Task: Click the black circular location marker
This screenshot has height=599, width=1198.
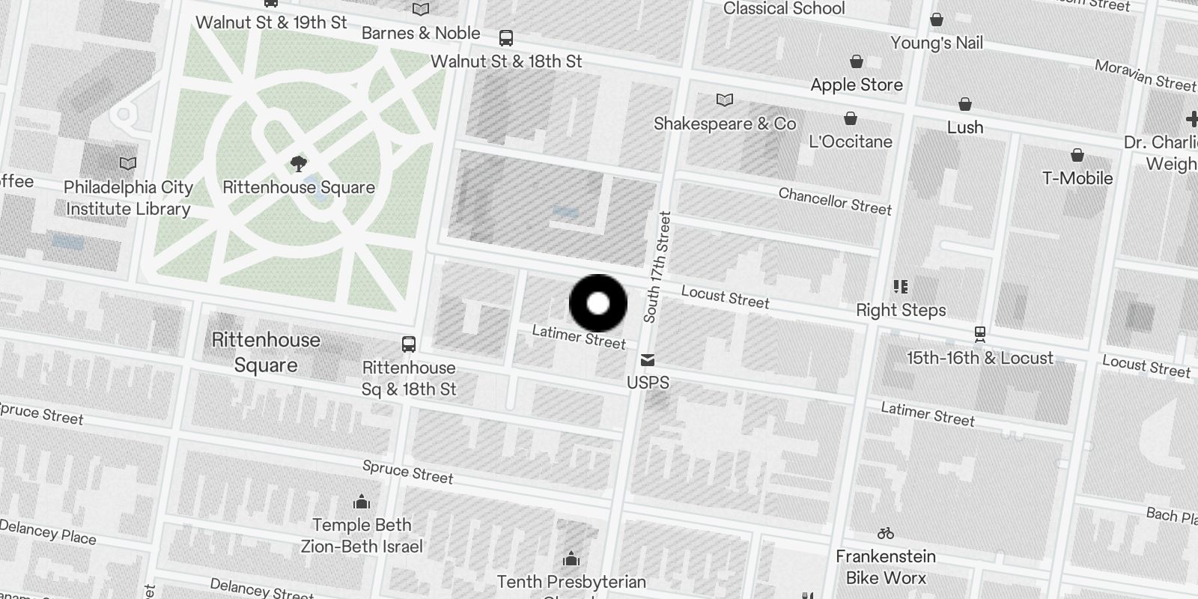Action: click(598, 303)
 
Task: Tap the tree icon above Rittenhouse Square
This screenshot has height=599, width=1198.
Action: click(299, 163)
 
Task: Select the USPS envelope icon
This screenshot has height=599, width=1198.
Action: click(648, 360)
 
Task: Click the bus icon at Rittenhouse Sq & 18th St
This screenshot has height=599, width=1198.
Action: click(408, 344)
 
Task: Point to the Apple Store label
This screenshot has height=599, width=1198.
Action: click(857, 85)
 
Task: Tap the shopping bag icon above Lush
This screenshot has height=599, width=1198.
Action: click(965, 103)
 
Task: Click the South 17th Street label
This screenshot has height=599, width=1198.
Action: click(657, 267)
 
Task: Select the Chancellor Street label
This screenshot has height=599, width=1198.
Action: click(835, 201)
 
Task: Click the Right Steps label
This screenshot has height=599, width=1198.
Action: click(901, 310)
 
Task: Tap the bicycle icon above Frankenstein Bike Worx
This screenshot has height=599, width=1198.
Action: click(886, 533)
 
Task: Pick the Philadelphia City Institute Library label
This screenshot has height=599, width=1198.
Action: click(128, 198)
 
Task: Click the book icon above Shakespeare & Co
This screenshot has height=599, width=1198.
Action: click(724, 100)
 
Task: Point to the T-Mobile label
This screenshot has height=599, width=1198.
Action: click(1077, 177)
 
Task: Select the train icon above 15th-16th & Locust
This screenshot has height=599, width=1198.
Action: click(979, 334)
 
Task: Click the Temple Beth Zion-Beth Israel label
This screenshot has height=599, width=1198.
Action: click(362, 535)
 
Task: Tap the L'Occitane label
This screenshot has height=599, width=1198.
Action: click(851, 142)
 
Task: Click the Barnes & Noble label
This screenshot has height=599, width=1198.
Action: click(421, 33)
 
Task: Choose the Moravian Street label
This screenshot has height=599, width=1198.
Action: click(1145, 76)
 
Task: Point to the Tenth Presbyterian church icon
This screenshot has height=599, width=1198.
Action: click(571, 559)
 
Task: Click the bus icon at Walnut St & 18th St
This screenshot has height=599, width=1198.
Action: click(506, 37)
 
